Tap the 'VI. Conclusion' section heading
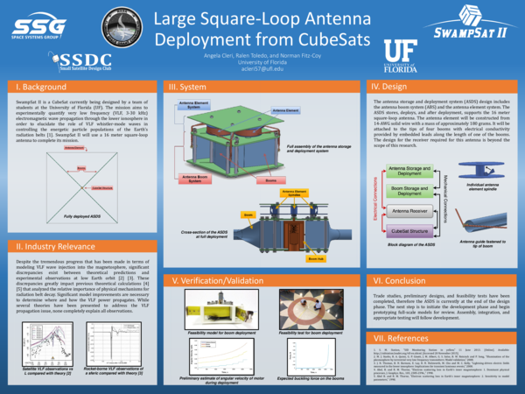(400, 281)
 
